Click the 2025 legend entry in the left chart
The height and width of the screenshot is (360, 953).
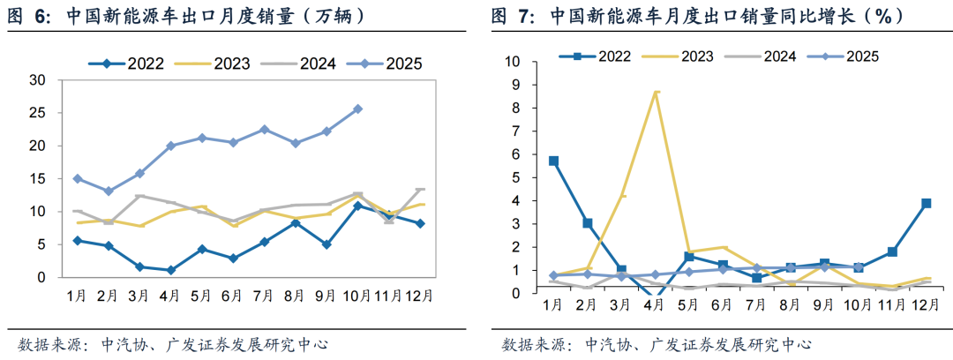click(387, 63)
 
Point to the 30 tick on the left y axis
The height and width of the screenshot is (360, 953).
click(38, 80)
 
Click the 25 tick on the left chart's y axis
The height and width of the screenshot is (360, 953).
click(38, 113)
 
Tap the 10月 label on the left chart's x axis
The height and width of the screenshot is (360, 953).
click(357, 295)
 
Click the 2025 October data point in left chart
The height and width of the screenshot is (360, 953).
click(357, 109)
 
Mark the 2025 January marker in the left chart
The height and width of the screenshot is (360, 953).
click(78, 178)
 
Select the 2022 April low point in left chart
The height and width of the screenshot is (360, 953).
click(170, 270)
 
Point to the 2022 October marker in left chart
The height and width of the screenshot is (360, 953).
click(357, 206)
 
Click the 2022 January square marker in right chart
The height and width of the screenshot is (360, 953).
click(553, 161)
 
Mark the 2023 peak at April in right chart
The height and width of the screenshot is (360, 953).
click(656, 91)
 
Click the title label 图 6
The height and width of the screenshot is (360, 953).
click(31, 17)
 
